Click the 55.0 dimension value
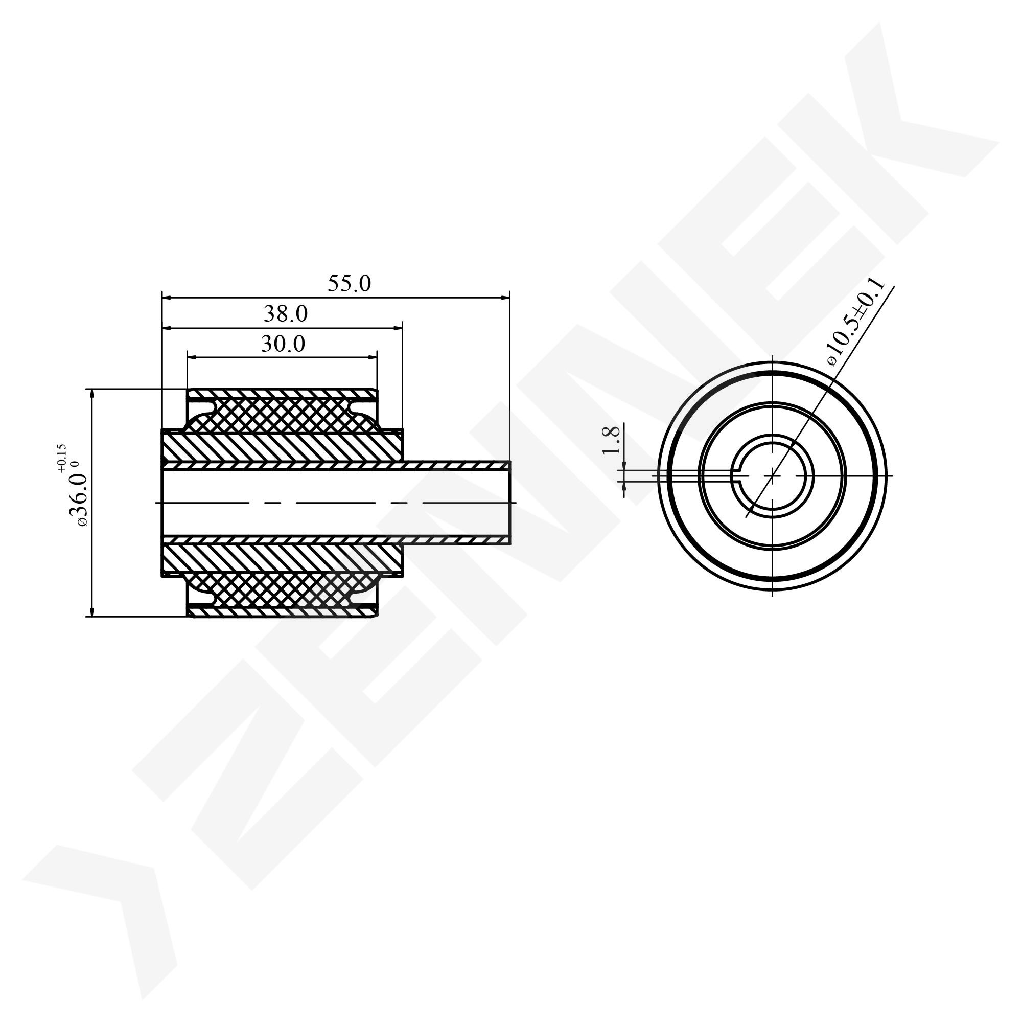350,284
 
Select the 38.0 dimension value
286,314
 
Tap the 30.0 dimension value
283,344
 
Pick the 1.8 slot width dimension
611,440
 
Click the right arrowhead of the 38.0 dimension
397,328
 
